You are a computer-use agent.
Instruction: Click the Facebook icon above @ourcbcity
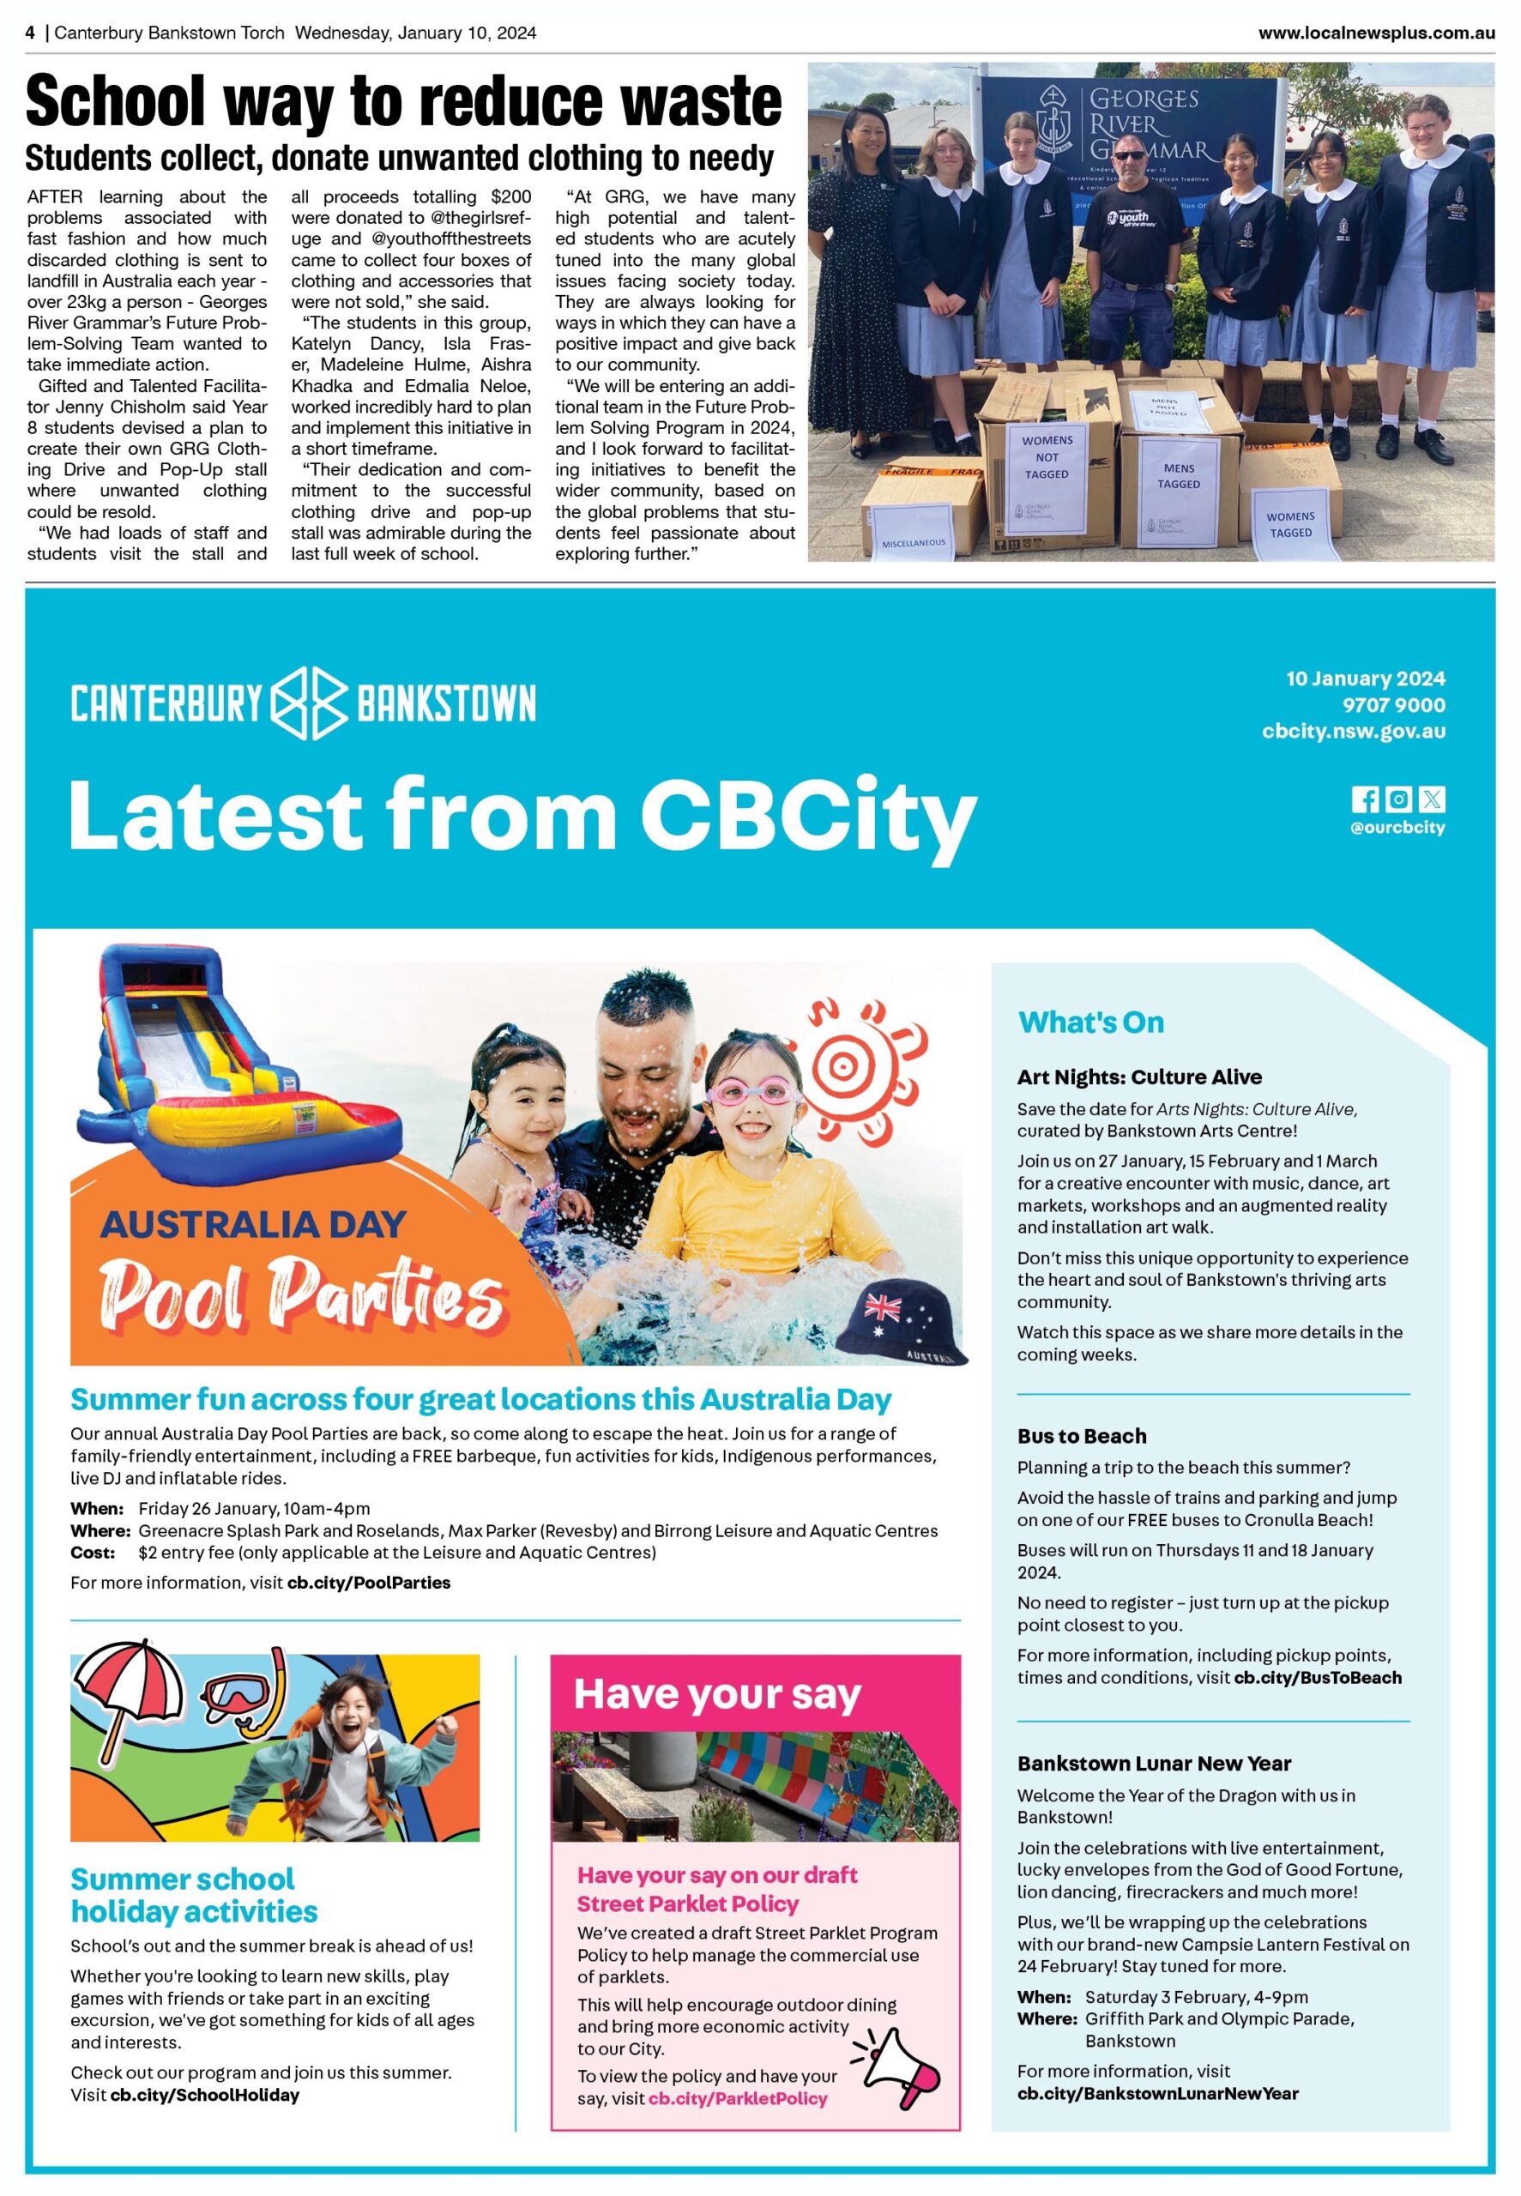(x=1365, y=799)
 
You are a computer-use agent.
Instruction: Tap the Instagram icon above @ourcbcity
(x=1398, y=799)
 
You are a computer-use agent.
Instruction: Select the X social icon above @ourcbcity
(x=1432, y=799)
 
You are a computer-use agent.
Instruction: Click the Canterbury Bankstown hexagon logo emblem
(x=309, y=703)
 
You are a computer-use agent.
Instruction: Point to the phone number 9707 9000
(x=1393, y=705)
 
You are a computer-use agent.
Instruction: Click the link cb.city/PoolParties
(x=369, y=1583)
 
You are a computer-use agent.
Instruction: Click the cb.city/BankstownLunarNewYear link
(x=1158, y=2093)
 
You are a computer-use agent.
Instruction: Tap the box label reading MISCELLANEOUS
(x=913, y=543)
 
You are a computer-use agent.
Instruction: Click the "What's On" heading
(x=1091, y=1023)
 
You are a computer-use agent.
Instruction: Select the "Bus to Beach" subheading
(x=1082, y=1436)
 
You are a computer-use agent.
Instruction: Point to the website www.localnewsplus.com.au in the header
(x=1375, y=33)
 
